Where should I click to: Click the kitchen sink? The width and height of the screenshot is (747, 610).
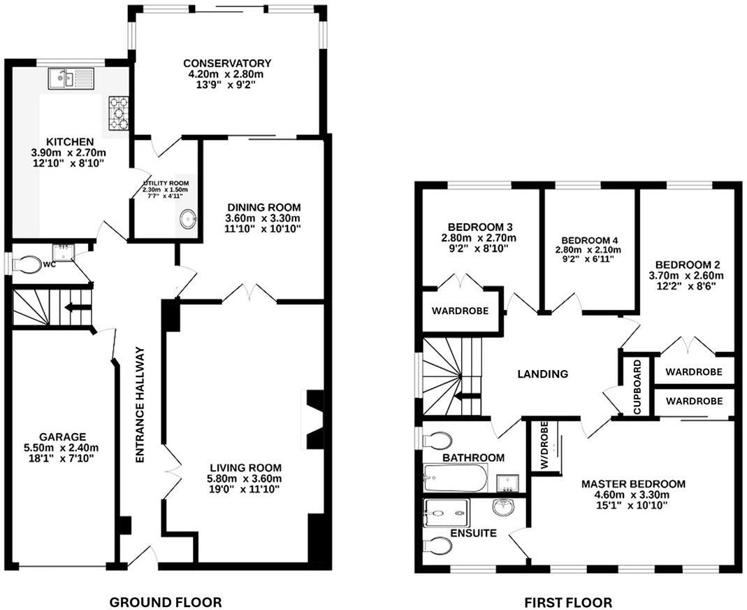coord(71,78)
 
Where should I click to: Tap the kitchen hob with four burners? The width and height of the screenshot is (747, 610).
coord(119,113)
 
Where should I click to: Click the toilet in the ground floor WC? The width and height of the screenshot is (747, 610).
coord(29,264)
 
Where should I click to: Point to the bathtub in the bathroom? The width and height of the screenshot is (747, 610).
coord(455,480)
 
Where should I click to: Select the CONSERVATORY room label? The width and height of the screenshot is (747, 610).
coord(224,63)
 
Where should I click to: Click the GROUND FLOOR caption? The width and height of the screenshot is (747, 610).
coord(166,602)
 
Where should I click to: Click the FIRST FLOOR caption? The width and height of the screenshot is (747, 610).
coord(568,602)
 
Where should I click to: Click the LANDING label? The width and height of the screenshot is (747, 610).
coord(542,374)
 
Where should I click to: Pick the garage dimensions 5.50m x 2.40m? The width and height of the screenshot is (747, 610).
coord(64,448)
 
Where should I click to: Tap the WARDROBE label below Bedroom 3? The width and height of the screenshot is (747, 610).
coord(459,310)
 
